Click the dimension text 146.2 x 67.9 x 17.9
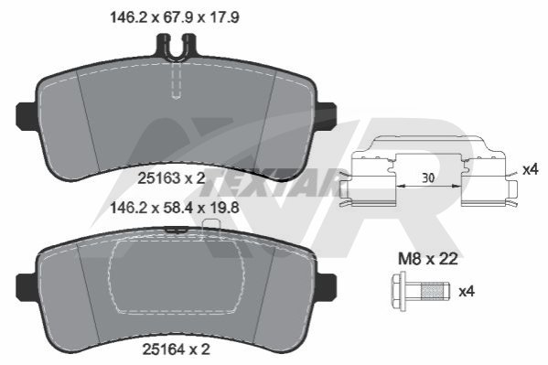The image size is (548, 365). pyautogui.click(x=175, y=17)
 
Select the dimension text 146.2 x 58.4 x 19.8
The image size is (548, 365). pyautogui.click(x=175, y=208)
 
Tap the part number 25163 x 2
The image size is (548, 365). pyautogui.click(x=171, y=178)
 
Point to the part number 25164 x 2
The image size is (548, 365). pyautogui.click(x=177, y=349)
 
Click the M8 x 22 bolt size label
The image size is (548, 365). pyautogui.click(x=428, y=259)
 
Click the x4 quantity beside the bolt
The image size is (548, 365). pyautogui.click(x=467, y=291)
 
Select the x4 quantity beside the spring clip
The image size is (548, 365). pyautogui.click(x=531, y=170)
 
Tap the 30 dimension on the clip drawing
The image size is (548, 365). pyautogui.click(x=428, y=178)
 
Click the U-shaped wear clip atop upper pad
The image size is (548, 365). pyautogui.click(x=176, y=48)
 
